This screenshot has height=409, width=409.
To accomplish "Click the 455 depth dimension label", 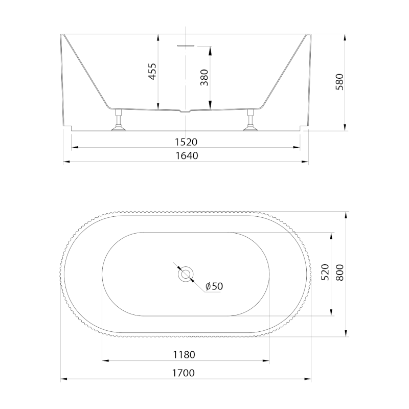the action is tap(152, 71).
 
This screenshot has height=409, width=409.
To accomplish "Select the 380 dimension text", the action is tap(204, 78).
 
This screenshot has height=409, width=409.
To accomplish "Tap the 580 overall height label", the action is tap(339, 82).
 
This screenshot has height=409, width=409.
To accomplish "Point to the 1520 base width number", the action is tap(186, 142).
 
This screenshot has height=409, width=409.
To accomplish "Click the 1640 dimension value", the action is tap(187, 156).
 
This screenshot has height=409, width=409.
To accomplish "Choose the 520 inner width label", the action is tap(325, 272).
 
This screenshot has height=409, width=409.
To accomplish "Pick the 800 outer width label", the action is tap(339, 272).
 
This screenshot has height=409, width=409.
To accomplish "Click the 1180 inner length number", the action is tap(184, 355).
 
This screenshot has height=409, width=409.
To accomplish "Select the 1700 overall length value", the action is tap(184, 373).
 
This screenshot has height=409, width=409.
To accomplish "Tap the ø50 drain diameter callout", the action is tap(214, 286).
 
